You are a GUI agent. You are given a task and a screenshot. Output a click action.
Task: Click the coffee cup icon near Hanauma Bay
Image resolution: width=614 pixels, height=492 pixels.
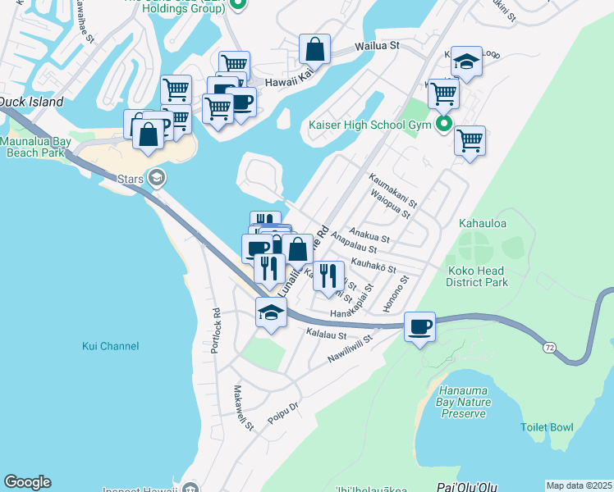[420, 327]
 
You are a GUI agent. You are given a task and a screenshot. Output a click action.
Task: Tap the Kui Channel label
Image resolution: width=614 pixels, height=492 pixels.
[111, 346]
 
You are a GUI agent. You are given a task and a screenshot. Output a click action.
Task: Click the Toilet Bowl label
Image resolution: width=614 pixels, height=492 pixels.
[548, 427]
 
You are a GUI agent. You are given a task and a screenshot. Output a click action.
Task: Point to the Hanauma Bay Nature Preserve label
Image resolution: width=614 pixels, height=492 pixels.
[465, 402]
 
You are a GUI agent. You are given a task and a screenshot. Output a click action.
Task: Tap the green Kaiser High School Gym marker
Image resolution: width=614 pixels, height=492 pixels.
[444, 125]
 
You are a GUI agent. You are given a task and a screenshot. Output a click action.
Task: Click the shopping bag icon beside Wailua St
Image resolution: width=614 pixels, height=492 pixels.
[314, 49]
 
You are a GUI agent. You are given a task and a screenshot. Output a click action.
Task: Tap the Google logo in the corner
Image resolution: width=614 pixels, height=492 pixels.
[27, 482]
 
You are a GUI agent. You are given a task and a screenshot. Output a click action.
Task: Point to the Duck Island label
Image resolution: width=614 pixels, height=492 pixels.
[30, 102]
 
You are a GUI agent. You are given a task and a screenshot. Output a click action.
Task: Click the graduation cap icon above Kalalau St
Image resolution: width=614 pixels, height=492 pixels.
[271, 312]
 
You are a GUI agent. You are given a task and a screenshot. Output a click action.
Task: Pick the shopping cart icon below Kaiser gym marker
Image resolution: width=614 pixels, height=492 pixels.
[470, 141]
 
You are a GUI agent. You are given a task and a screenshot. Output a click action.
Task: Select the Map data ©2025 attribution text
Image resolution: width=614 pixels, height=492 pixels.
[580, 485]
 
